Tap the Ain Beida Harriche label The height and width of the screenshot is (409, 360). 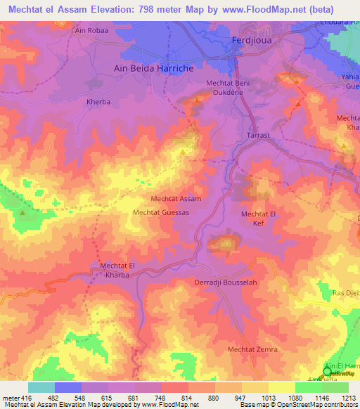pyautogui.click(x=153, y=69)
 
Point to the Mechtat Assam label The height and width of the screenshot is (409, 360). pyautogui.click(x=176, y=199)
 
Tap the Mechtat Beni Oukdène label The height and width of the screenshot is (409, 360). pyautogui.click(x=228, y=89)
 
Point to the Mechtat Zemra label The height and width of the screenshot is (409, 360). pyautogui.click(x=253, y=349)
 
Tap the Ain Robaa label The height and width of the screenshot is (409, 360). pyautogui.click(x=89, y=32)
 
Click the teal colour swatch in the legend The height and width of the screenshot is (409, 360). pyautogui.click(x=41, y=387)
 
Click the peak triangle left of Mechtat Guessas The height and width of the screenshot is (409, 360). pyautogui.click(x=22, y=213)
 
